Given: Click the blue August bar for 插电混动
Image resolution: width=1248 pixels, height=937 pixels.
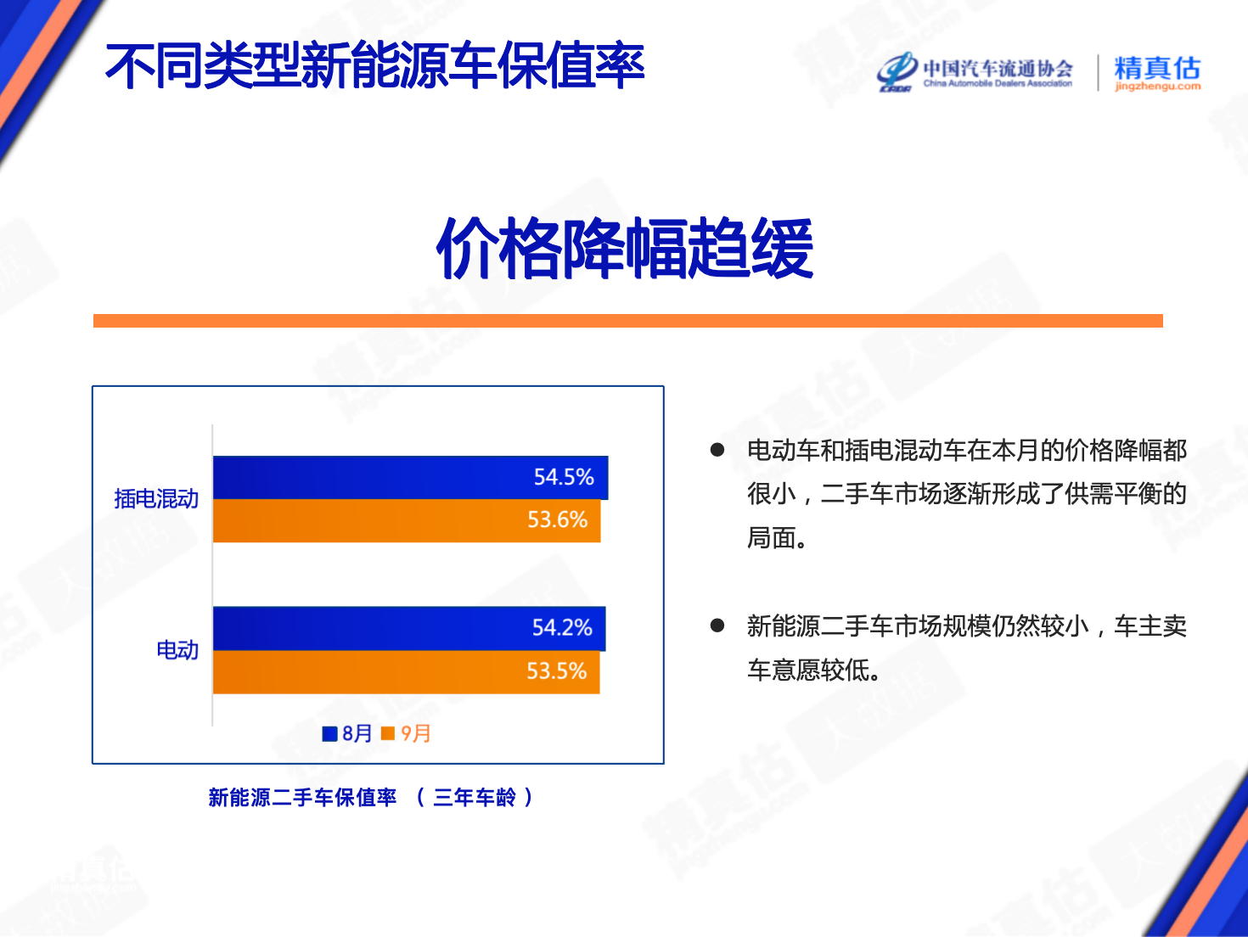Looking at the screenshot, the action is [x=411, y=477].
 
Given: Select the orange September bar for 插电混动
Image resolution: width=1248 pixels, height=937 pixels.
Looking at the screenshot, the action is [x=407, y=520].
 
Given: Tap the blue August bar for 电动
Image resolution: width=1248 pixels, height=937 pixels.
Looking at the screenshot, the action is [x=409, y=628].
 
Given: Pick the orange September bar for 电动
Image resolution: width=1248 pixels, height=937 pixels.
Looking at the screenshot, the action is [x=406, y=672].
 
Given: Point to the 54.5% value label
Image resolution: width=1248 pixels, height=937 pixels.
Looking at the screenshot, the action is [x=564, y=477].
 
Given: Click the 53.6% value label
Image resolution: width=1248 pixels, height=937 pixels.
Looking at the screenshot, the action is [x=557, y=520].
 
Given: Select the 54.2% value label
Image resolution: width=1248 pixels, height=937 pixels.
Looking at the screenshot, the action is [x=562, y=628].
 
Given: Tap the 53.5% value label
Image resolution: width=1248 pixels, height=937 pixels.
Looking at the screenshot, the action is [x=556, y=671].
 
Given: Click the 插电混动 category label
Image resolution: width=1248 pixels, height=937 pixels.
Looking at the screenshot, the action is [x=156, y=499].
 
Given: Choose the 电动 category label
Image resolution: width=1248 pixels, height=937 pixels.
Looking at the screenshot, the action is [x=177, y=650].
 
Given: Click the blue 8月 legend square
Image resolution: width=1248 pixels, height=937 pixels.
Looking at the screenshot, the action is [x=329, y=734].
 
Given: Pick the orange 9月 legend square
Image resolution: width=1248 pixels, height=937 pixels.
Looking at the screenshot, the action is [x=388, y=733].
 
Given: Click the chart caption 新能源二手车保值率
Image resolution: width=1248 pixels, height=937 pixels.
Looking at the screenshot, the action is [x=302, y=798].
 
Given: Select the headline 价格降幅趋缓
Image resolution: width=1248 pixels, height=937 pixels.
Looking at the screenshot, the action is [x=625, y=249].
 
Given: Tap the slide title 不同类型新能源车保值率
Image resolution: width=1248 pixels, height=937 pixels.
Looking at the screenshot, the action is [x=374, y=65].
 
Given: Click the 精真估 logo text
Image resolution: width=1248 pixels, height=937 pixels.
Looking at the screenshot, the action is [x=1157, y=68].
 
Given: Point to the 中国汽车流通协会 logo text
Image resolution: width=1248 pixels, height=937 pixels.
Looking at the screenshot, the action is [x=998, y=69].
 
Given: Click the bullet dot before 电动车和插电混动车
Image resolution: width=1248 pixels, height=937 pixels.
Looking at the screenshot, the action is [x=717, y=451].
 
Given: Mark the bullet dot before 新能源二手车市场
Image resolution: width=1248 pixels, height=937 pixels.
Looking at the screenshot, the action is [x=717, y=626].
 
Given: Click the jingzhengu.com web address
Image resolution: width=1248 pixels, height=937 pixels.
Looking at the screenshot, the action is [x=1158, y=87].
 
